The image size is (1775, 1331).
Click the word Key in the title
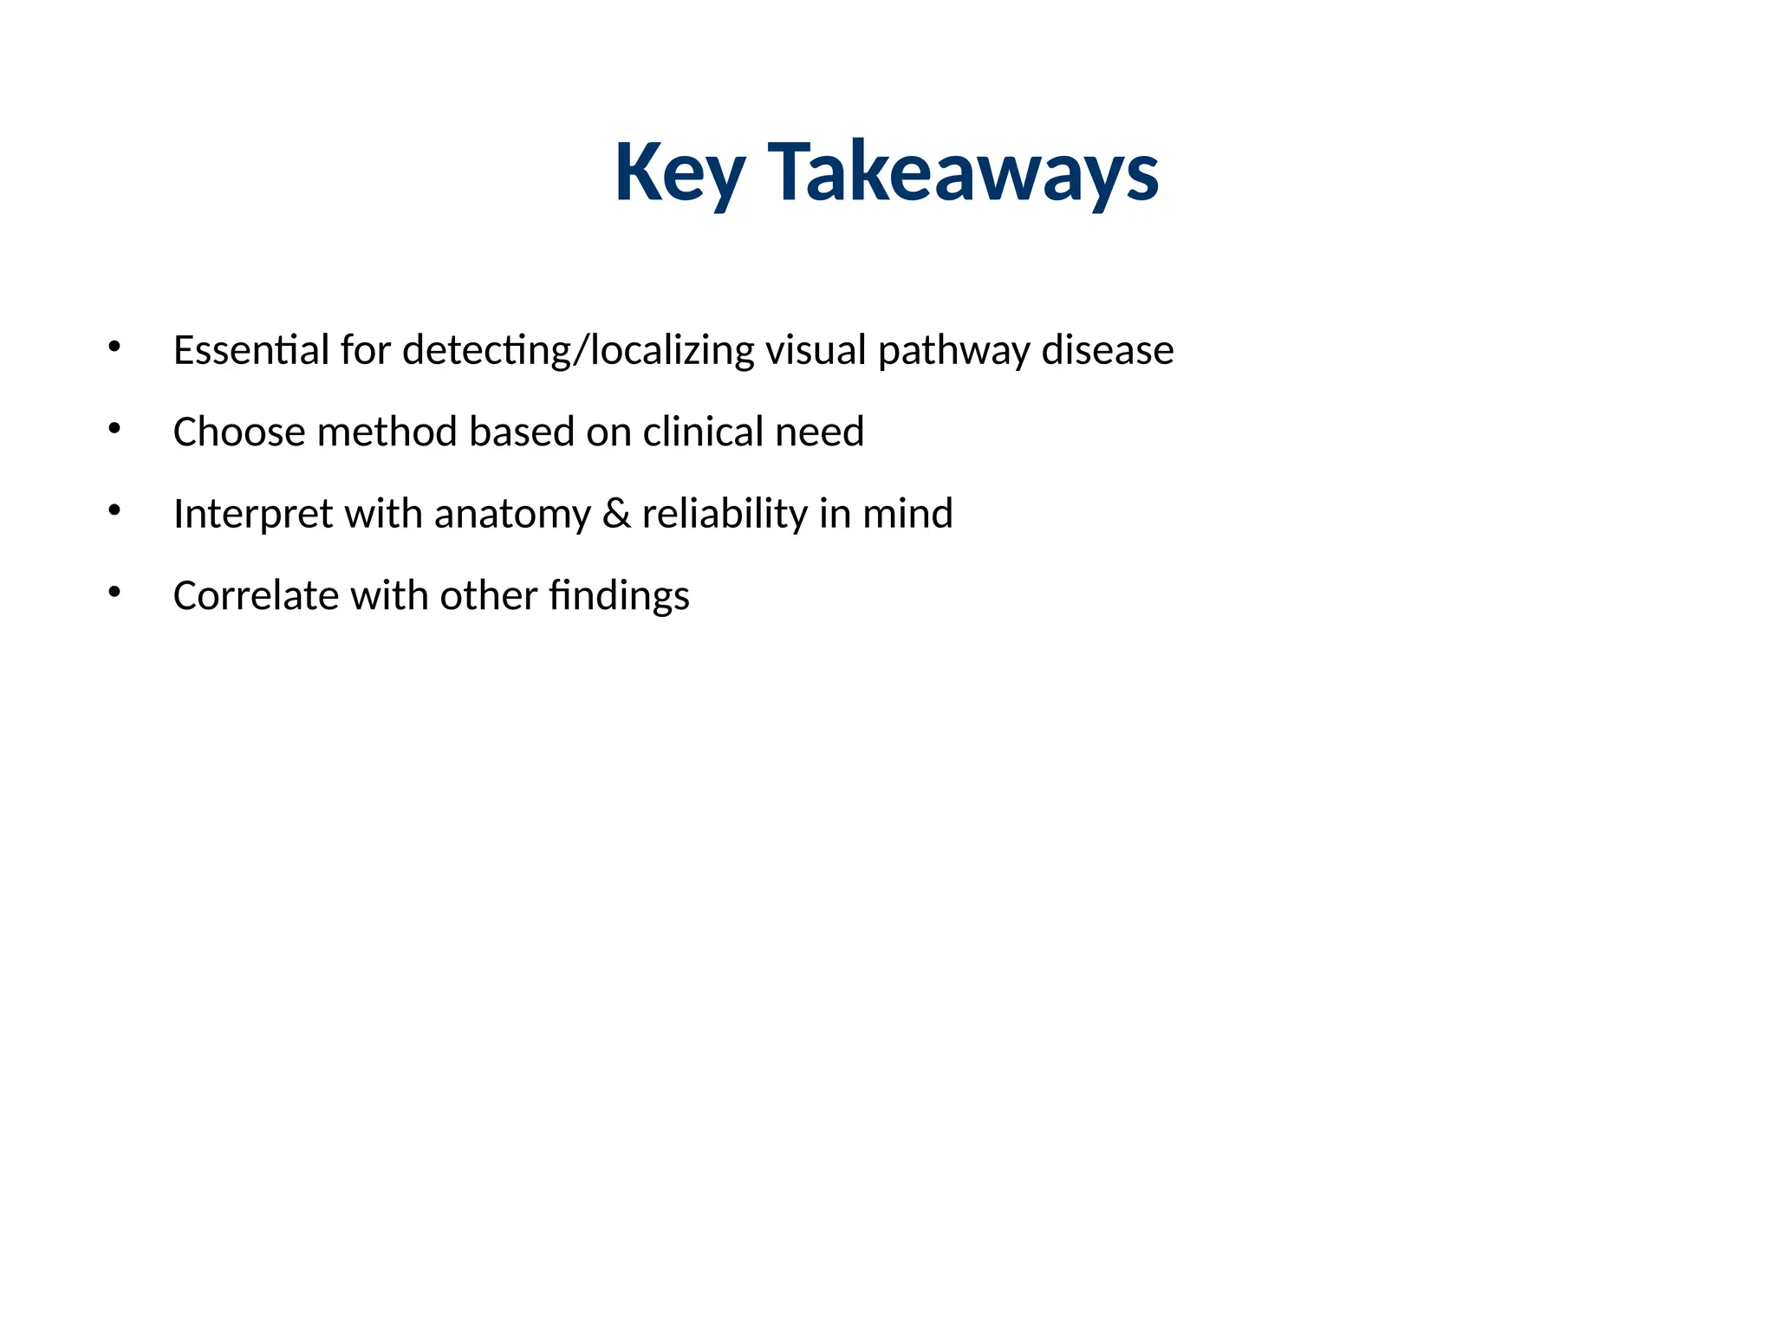click(679, 173)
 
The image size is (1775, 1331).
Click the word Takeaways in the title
click(963, 173)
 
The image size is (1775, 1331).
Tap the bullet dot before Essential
click(114, 347)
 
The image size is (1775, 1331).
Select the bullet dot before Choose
click(114, 429)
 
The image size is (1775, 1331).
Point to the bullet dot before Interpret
click(114, 511)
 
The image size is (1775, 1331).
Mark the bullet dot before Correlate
click(114, 593)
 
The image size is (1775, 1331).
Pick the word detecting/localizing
click(579, 350)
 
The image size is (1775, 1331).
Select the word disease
click(1108, 350)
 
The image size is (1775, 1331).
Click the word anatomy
click(512, 514)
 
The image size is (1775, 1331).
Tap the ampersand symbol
click(616, 514)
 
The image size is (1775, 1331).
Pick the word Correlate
click(256, 595)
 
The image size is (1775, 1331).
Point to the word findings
click(619, 595)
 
